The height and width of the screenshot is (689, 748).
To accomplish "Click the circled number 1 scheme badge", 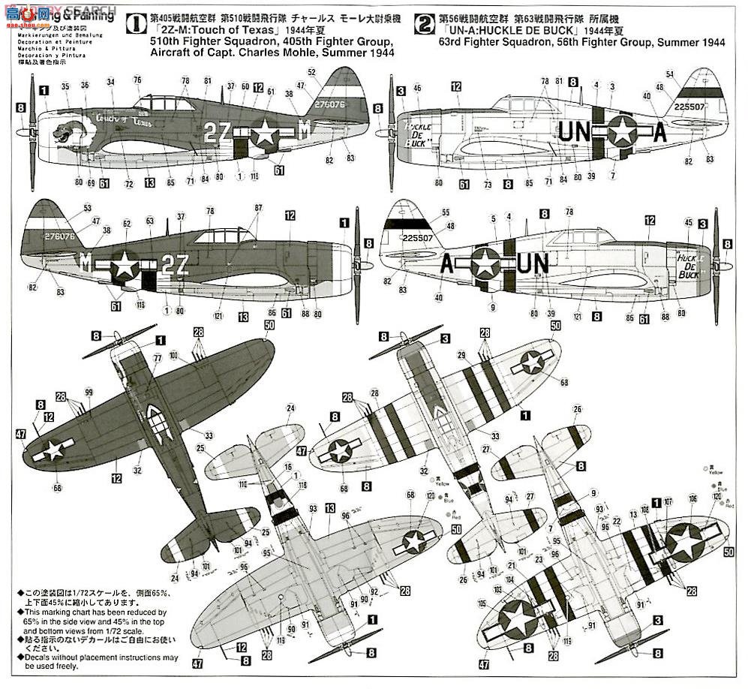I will [x=134, y=25].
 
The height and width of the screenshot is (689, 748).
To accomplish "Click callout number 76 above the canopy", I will [x=137, y=80].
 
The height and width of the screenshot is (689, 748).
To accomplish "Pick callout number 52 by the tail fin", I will [x=311, y=71].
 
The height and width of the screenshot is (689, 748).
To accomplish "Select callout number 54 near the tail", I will [x=671, y=73].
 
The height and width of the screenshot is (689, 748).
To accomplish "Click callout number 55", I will [x=446, y=213].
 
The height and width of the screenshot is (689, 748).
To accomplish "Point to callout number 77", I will [x=158, y=358].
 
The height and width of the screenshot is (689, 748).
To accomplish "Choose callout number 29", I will [x=461, y=355].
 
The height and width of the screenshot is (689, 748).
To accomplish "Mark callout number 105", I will [x=482, y=602].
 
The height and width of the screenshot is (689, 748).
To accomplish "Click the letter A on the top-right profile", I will [x=659, y=131].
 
